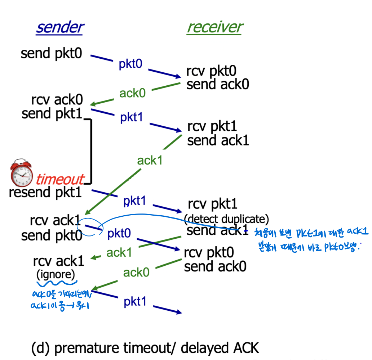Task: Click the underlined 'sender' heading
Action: (60, 28)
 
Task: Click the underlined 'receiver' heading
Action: (214, 27)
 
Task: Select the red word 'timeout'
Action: (60, 179)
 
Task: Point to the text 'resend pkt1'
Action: (45, 192)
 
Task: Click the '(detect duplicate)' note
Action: (226, 218)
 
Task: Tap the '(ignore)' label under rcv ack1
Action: (56, 275)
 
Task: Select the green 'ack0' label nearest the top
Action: (133, 93)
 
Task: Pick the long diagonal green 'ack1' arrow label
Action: (150, 161)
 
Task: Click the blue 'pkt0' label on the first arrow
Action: (130, 64)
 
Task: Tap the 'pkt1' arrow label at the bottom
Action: (135, 302)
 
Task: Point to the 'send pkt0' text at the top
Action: (51, 53)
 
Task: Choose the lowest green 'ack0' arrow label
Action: (136, 273)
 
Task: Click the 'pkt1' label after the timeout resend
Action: (134, 201)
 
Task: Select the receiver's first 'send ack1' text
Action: (218, 140)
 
